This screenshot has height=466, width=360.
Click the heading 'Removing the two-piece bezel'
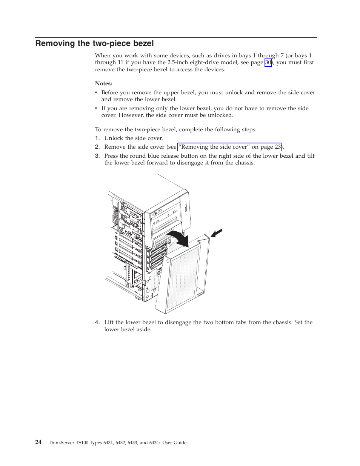(94, 43)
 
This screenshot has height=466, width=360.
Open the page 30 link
(268, 63)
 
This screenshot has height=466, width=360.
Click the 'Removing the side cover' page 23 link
(229, 147)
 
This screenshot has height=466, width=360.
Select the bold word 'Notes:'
(103, 83)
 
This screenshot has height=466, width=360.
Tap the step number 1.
(97, 138)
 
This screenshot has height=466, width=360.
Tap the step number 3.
(97, 156)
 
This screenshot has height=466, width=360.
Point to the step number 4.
(97, 323)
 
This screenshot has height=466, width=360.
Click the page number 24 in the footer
(38, 442)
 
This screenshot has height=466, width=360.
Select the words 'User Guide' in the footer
(174, 443)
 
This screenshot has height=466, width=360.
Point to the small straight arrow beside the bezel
(217, 233)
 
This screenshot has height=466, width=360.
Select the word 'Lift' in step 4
(109, 323)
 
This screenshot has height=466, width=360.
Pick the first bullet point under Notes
(97, 93)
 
